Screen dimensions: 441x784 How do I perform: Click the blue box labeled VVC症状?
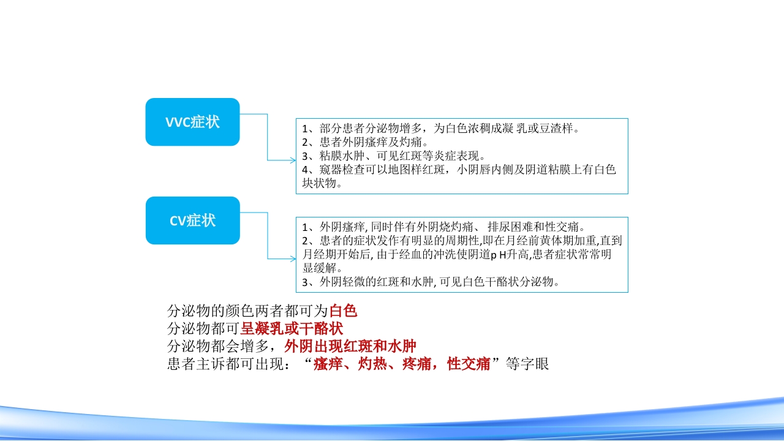(192, 122)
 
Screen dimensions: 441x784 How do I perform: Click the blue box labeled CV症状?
(192, 221)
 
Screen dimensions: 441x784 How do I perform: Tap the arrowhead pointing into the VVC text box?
(292, 160)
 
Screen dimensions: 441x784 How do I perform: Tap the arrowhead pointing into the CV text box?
(292, 259)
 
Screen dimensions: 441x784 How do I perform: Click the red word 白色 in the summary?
(343, 311)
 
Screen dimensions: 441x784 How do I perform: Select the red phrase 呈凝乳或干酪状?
(292, 328)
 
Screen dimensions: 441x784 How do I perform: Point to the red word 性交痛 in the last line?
(469, 364)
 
